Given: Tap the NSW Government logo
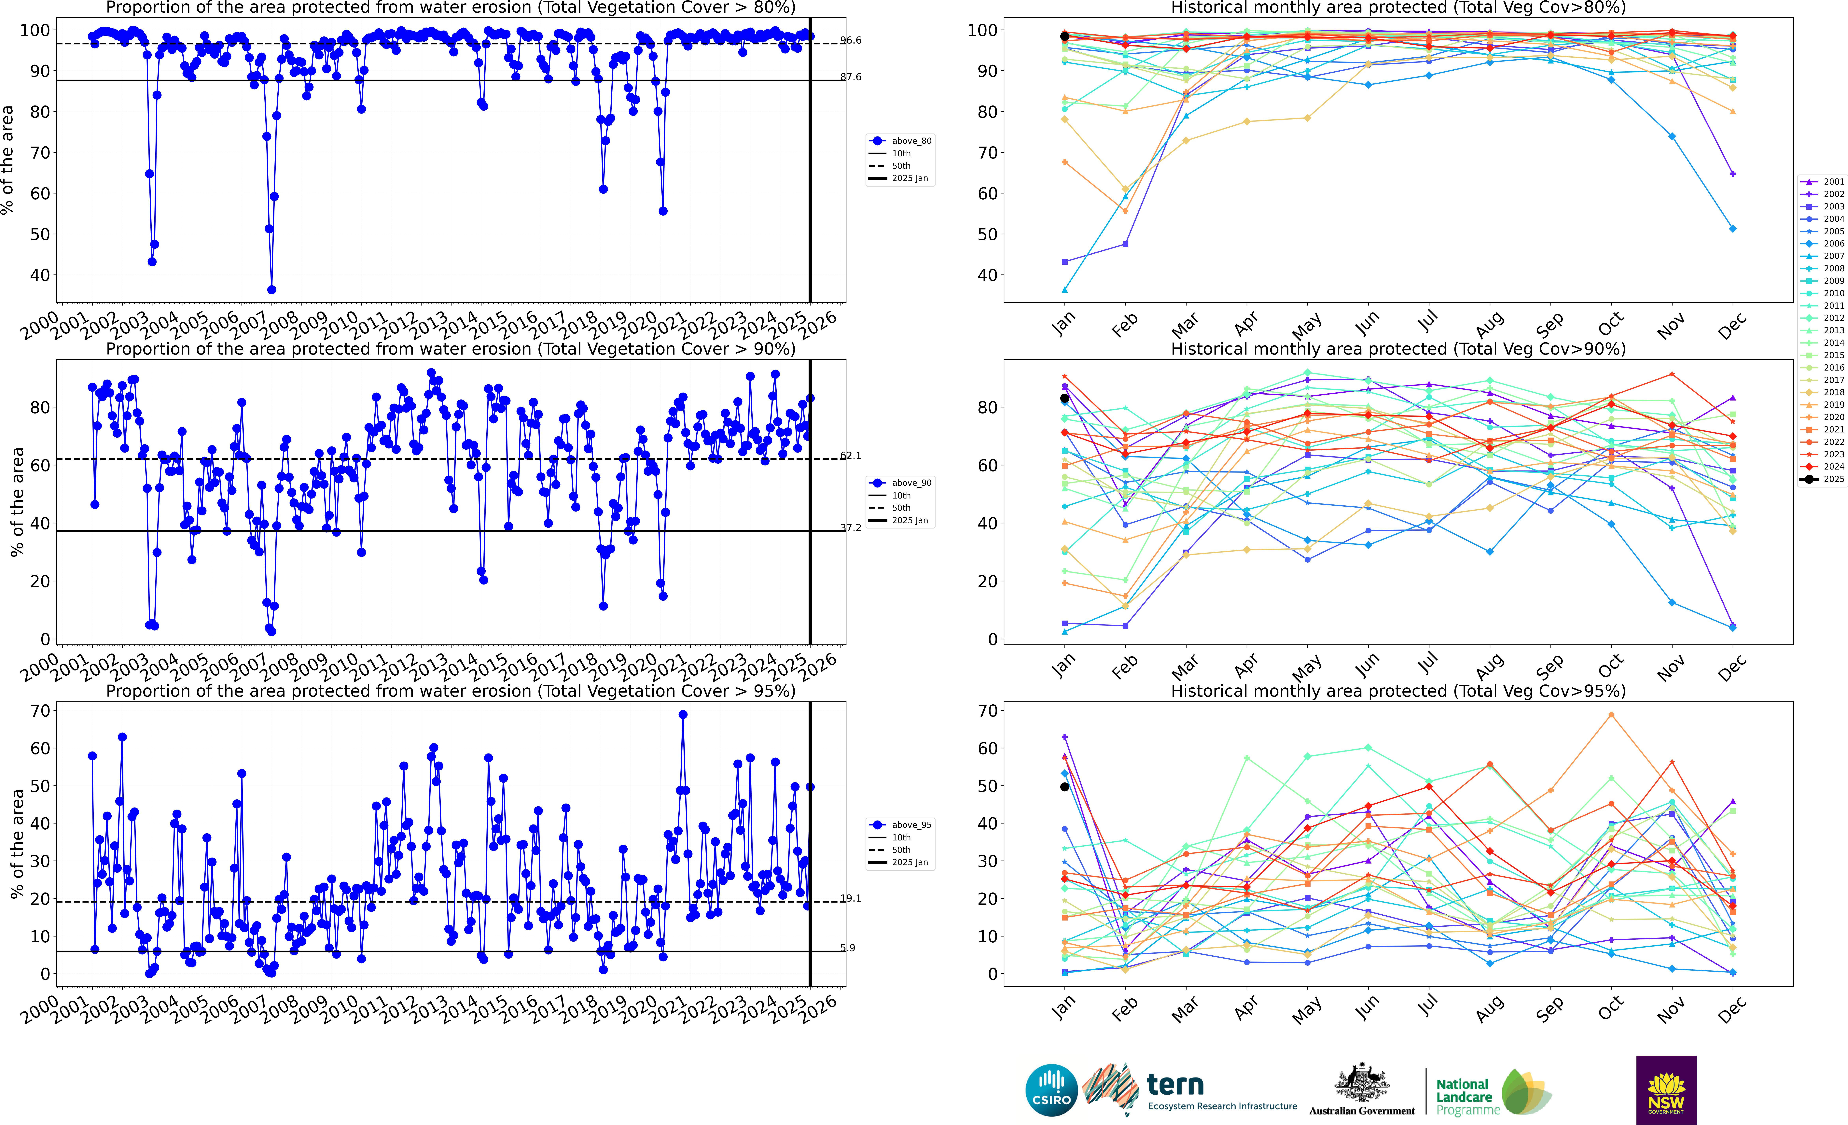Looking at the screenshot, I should click(x=1666, y=1090).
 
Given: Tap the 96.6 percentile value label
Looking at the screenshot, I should click(x=851, y=40).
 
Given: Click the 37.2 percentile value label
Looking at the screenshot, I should click(x=851, y=528).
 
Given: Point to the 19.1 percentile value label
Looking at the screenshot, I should click(x=851, y=898).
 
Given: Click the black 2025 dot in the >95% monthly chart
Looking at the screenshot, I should click(x=1064, y=787).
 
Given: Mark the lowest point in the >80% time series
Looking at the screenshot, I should click(x=271, y=289).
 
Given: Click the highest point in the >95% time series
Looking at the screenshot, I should click(x=683, y=715).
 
